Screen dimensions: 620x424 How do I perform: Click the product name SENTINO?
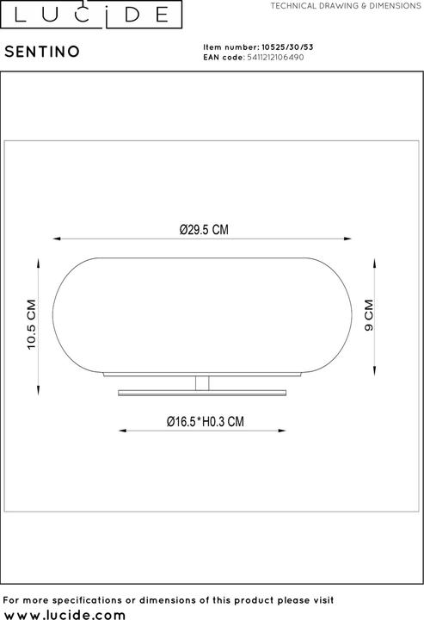(x=42, y=52)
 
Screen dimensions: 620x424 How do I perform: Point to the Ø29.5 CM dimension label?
(x=204, y=229)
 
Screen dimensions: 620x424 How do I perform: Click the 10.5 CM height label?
(x=31, y=323)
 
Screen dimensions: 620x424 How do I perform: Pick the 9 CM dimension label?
(x=368, y=315)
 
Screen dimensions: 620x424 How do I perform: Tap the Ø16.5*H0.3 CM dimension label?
(x=205, y=422)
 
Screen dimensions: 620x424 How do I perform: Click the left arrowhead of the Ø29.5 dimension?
(x=56, y=239)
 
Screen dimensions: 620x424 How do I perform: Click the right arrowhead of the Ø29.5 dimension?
(x=347, y=239)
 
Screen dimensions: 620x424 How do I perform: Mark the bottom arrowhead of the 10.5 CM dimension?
(x=40, y=394)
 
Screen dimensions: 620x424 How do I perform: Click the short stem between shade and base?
(x=200, y=384)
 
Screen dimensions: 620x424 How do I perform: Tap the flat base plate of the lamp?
(x=201, y=394)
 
